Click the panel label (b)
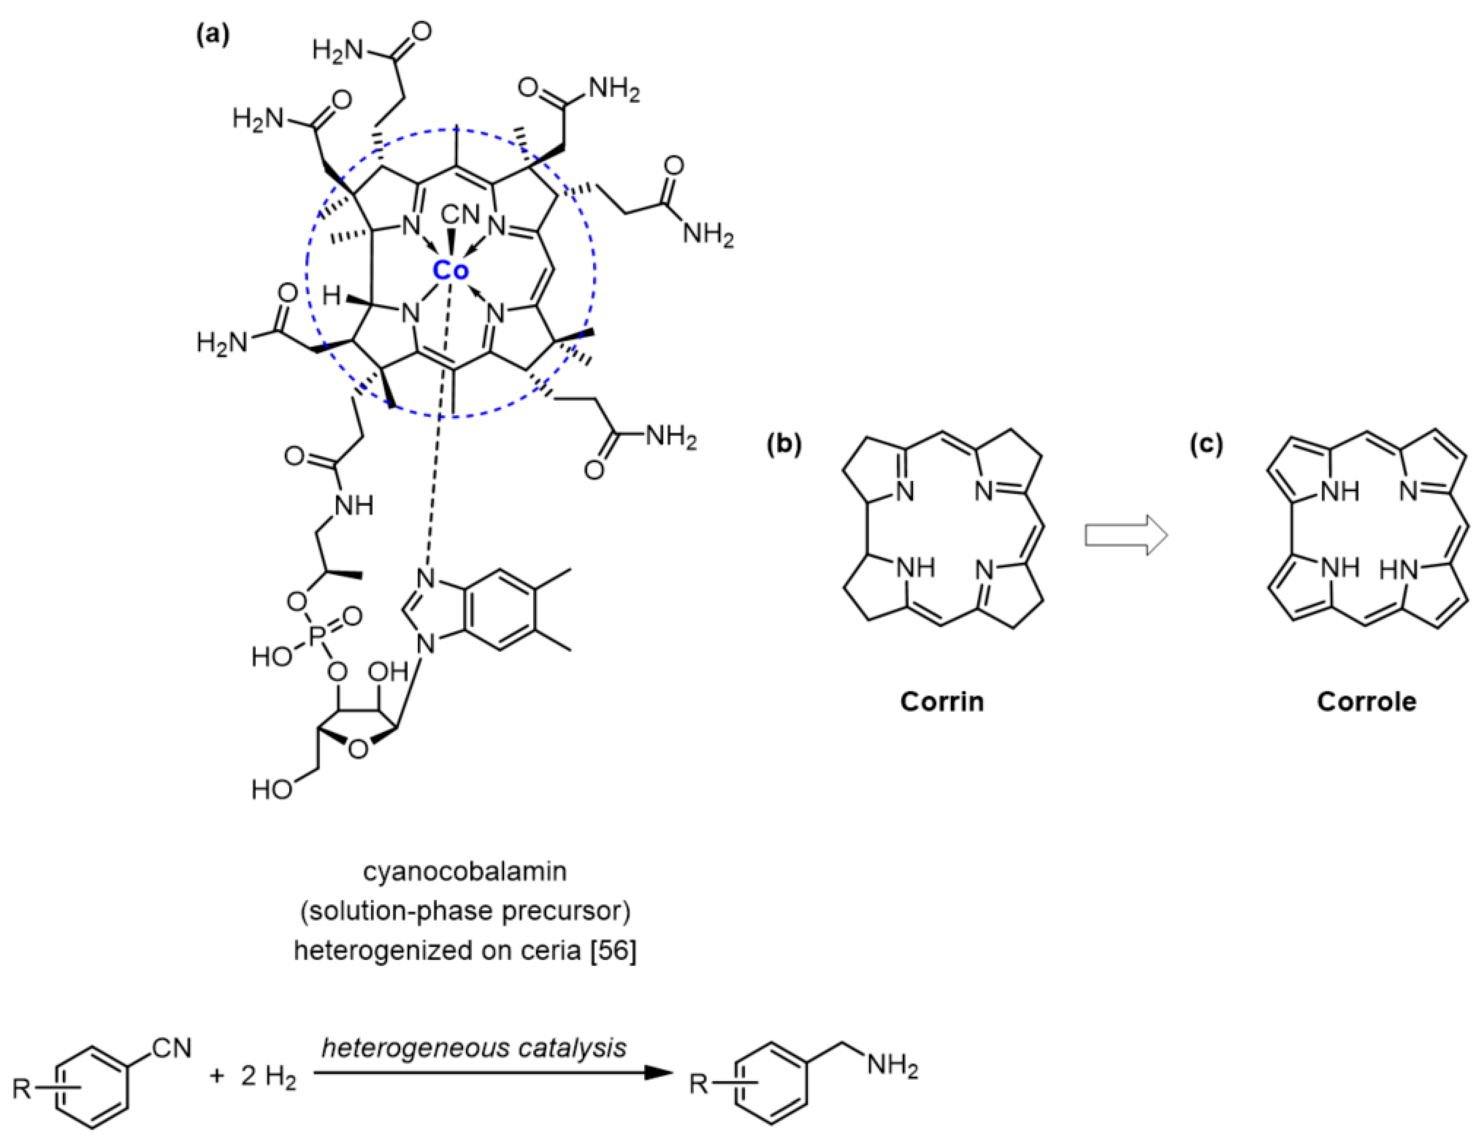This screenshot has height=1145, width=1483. [x=784, y=444]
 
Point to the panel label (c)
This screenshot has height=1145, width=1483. [x=1207, y=444]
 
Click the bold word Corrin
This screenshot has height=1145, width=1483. [x=942, y=702]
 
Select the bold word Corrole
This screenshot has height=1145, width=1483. [x=1366, y=702]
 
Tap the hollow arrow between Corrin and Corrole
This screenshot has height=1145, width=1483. [x=1125, y=536]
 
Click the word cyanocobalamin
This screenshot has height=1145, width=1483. [x=465, y=871]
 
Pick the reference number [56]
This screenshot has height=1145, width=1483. [x=613, y=951]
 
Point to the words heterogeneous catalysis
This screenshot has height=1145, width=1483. [x=474, y=1048]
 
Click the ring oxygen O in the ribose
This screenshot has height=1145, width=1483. [x=359, y=749]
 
